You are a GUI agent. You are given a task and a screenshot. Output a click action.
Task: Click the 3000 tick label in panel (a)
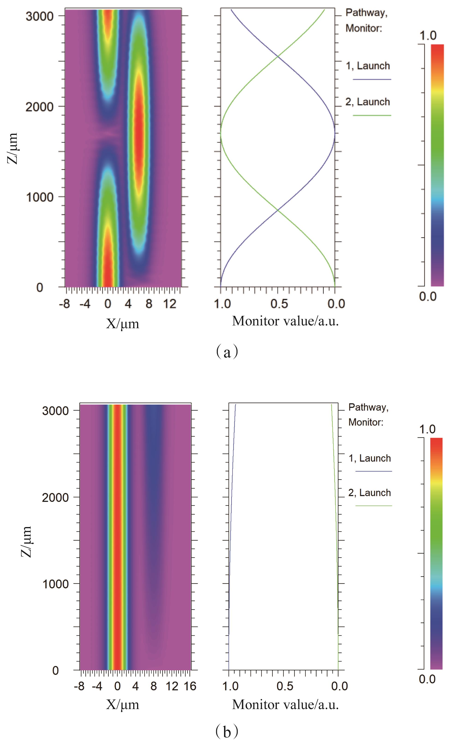(x=39, y=16)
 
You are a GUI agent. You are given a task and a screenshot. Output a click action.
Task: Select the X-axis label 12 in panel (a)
(x=169, y=304)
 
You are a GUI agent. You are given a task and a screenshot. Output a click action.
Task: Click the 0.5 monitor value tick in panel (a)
(x=279, y=304)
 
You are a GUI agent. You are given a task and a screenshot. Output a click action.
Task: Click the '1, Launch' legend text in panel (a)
(x=368, y=66)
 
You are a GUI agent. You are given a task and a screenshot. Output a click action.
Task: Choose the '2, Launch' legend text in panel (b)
(x=369, y=493)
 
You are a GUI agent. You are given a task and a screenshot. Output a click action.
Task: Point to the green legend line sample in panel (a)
(x=372, y=115)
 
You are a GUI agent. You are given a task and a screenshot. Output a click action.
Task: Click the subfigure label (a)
(x=227, y=352)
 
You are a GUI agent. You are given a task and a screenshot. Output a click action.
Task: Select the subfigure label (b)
(x=227, y=731)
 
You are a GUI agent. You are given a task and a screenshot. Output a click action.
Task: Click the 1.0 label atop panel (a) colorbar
(x=428, y=36)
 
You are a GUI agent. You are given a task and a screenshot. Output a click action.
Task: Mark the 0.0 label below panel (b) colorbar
(x=427, y=679)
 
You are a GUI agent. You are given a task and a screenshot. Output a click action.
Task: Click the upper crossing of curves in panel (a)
(x=278, y=56)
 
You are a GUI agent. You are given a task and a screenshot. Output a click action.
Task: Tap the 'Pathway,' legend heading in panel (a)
(x=366, y=13)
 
